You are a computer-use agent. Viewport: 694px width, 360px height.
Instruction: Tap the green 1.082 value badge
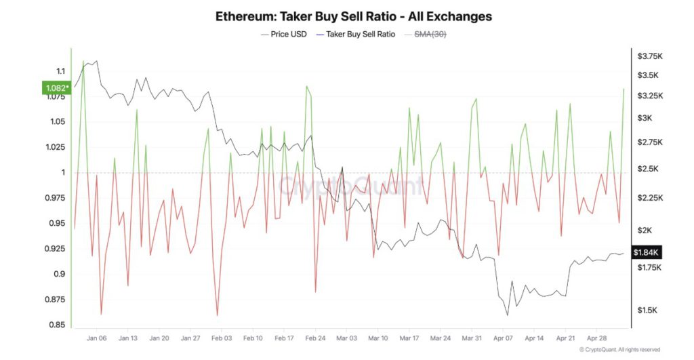[x=54, y=87]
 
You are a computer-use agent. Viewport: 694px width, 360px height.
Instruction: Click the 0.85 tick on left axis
[x=57, y=325]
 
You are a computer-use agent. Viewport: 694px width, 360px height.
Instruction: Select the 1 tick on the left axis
[x=62, y=172]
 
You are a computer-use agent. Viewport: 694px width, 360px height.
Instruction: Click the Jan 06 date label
[x=97, y=338]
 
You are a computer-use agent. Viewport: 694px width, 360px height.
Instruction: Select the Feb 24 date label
[x=316, y=338]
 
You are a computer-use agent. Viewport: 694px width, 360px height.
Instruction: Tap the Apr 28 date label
[x=597, y=338]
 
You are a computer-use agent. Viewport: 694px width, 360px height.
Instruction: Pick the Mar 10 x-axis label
[x=378, y=338]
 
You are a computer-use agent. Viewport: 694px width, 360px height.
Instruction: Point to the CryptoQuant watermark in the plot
[x=351, y=184]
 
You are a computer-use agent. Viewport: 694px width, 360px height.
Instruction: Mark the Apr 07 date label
[x=503, y=338]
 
